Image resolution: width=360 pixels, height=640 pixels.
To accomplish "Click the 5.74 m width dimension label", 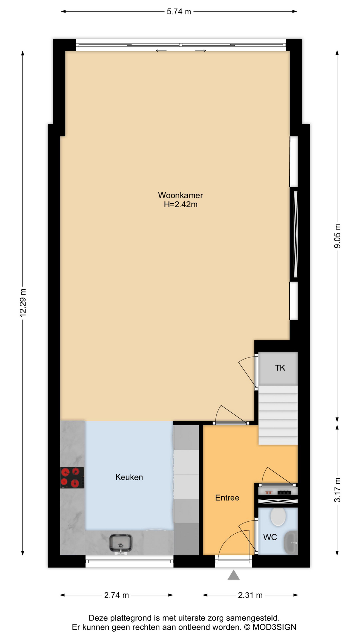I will coord(179,12).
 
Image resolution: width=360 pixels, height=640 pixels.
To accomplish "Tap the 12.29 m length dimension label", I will coord(23,302).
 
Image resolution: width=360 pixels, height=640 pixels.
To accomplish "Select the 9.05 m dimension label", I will coord(337,236).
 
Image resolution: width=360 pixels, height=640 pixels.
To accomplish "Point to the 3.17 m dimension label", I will coord(337,490).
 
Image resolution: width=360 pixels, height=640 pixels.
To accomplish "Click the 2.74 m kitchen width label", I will coord(116,595).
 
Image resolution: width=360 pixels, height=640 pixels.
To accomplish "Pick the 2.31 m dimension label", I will coord(250,595).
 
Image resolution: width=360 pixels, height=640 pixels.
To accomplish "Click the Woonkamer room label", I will coord(180,195).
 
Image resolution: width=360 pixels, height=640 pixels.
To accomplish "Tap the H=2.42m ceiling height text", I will coord(180,204).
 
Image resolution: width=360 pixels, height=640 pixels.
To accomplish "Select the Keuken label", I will coord(129,477).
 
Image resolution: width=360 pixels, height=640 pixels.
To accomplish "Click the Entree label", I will coord(227,498).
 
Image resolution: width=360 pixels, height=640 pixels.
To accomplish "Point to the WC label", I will coord(270,537).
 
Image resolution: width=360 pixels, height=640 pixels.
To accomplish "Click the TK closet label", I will coord(280,368).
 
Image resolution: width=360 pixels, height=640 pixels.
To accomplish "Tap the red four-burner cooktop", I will coord(72,478).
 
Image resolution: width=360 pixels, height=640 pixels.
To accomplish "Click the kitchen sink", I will coord(121,543).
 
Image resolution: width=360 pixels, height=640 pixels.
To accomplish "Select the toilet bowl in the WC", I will coord(278,516).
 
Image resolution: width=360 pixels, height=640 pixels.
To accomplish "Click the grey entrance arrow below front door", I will coord(234,575).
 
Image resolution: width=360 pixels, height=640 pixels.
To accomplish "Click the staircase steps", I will coord(278,415).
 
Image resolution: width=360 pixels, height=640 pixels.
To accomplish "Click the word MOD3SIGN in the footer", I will coord(274,627).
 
